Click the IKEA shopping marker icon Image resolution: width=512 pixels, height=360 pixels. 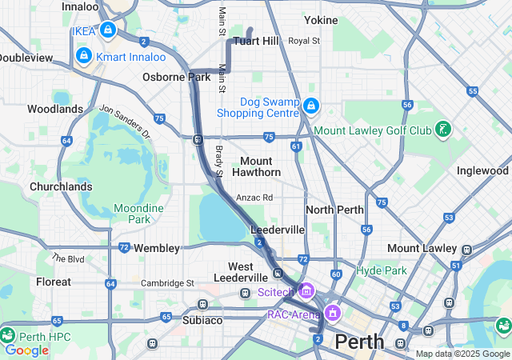tap(107, 30)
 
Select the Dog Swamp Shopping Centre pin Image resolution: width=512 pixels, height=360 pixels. tap(311, 104)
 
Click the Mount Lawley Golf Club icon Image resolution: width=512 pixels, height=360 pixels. tap(441, 129)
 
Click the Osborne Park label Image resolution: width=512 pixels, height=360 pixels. tap(176, 77)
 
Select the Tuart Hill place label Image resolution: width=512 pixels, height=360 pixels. tap(256, 41)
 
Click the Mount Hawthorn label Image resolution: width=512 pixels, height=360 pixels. tap(256, 166)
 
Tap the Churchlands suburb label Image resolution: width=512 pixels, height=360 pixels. tap(60, 186)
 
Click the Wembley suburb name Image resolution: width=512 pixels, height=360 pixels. tap(157, 248)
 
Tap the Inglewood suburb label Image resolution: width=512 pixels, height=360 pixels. tap(482, 170)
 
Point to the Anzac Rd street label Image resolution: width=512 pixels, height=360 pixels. tap(254, 198)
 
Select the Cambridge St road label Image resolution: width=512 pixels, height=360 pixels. tap(167, 283)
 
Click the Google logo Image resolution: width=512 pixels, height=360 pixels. tap(26, 350)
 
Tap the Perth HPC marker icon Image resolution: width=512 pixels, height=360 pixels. tap(9, 334)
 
